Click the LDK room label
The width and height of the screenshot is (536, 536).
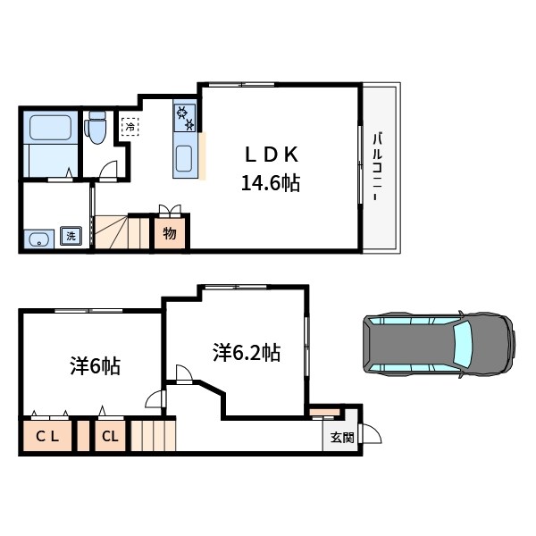(x=272, y=155)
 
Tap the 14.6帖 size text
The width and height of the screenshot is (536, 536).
(x=271, y=183)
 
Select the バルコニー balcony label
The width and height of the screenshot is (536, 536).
(x=377, y=166)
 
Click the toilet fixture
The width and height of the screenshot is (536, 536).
(x=97, y=127)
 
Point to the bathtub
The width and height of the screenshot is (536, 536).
(x=51, y=128)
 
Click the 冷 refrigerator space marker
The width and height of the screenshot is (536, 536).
(x=130, y=127)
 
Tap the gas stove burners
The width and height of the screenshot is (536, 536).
(x=185, y=118)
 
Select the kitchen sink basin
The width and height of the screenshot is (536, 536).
(x=184, y=159)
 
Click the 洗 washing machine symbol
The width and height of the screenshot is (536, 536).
(x=71, y=236)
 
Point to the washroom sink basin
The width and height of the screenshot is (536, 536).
(x=39, y=239)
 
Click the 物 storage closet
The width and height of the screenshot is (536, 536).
(x=170, y=233)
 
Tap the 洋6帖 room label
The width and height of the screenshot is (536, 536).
(x=95, y=366)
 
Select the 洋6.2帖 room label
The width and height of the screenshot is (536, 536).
(x=247, y=353)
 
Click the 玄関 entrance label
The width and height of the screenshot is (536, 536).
(x=342, y=438)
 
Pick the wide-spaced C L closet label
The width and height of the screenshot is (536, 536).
(x=47, y=436)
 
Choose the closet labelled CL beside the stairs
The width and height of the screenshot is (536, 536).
(x=110, y=436)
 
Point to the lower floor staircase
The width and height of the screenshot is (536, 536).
(x=154, y=436)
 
